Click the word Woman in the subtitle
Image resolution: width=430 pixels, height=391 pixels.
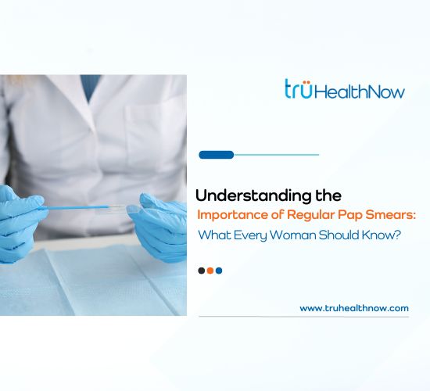tap(296, 234)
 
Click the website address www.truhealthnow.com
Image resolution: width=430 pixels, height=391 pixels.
tap(354, 308)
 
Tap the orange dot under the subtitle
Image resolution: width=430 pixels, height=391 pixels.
tap(210, 271)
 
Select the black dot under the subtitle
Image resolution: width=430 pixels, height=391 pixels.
tap(202, 271)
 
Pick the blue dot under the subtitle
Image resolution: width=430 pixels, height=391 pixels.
tap(219, 271)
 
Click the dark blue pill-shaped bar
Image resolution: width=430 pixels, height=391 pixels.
tap(217, 155)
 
